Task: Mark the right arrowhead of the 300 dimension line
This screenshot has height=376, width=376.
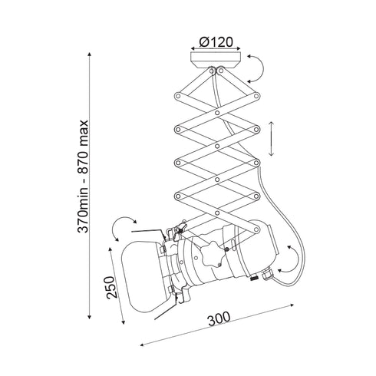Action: [x=294, y=305]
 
